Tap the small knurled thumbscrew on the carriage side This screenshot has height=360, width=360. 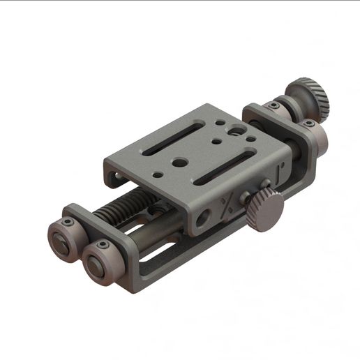point(266,210)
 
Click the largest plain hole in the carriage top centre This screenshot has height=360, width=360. point(180,163)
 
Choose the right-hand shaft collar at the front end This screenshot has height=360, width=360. point(98,263)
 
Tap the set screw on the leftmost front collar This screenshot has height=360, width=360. point(68,223)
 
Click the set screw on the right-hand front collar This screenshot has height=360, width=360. point(103,246)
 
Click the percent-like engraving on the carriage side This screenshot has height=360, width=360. point(227,204)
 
